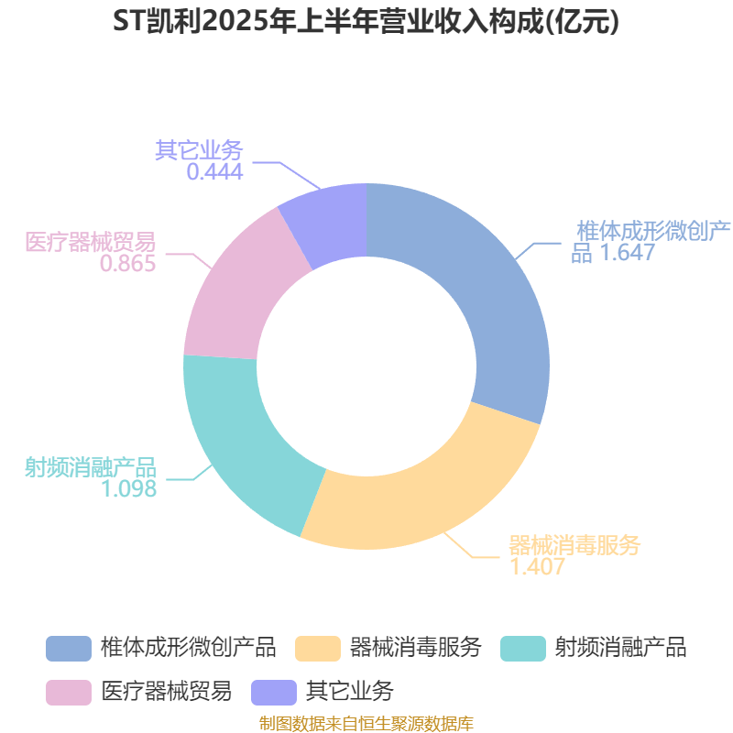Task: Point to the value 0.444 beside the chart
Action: [x=214, y=171]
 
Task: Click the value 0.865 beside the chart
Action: [x=127, y=264]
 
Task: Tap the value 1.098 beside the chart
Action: [x=128, y=489]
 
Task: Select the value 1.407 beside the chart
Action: [x=537, y=566]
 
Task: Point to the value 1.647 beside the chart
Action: [x=628, y=253]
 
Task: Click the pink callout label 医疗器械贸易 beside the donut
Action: [x=90, y=242]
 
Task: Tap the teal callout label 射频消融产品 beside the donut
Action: [x=90, y=467]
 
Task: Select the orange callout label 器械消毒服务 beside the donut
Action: [x=574, y=545]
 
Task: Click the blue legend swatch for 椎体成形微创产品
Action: [x=69, y=649]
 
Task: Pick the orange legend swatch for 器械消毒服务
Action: [x=318, y=649]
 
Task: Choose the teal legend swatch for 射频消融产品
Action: [x=523, y=649]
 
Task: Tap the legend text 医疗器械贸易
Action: [x=167, y=692]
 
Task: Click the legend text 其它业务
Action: [x=350, y=692]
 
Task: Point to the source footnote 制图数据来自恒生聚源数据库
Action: [x=366, y=724]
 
